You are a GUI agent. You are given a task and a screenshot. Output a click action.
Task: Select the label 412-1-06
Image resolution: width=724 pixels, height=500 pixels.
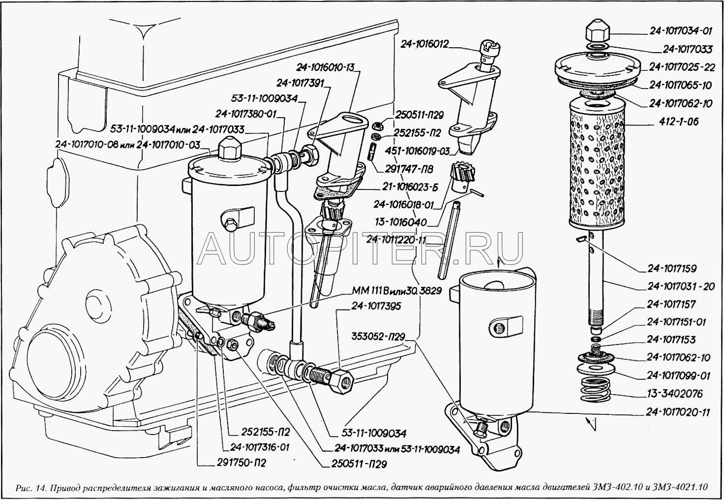click(680, 122)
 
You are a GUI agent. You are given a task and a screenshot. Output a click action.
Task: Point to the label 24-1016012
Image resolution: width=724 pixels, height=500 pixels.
click(424, 44)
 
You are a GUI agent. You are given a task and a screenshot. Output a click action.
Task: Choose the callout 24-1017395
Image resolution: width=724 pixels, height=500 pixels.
click(376, 306)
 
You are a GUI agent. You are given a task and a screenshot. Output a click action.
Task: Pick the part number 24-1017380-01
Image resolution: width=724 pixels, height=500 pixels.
click(246, 115)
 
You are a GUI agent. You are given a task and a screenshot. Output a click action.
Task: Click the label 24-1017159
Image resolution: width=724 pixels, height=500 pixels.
click(674, 269)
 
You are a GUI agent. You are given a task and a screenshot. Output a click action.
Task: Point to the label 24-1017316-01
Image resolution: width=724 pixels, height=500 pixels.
click(260, 448)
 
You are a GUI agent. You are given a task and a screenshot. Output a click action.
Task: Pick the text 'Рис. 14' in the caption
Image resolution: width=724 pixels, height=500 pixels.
click(31, 488)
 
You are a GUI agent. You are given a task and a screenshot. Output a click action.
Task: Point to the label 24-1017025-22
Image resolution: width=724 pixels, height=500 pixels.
click(682, 67)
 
